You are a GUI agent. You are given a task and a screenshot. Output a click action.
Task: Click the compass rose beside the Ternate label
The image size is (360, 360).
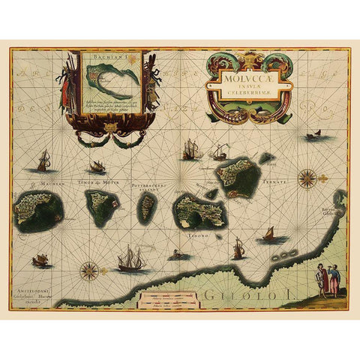tap(307, 178)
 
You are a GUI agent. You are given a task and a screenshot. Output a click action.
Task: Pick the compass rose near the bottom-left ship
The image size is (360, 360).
tap(89, 269)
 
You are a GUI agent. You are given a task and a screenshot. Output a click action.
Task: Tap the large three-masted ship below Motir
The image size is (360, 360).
tap(130, 259)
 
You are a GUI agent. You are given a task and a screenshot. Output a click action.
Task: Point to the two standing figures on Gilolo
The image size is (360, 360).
tap(325, 280)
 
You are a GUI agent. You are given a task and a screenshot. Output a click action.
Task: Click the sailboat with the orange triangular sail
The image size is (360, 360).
tap(268, 235)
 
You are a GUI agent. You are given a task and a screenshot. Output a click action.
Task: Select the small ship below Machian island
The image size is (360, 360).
tap(40, 260)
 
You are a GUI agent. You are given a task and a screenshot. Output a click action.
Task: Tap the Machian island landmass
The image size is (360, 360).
tap(38, 210)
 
